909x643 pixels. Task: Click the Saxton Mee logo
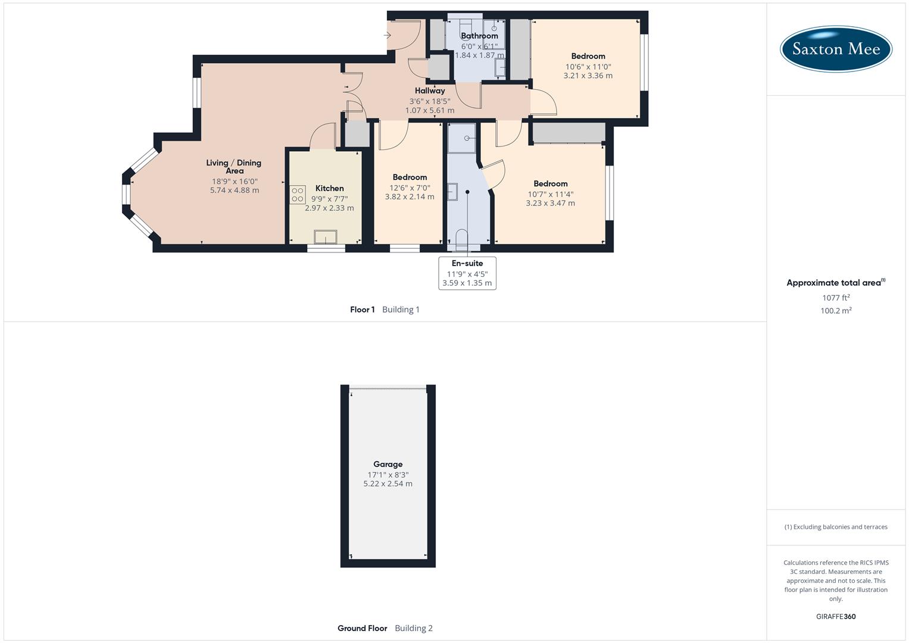point(836,49)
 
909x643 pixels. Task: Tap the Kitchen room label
point(329,188)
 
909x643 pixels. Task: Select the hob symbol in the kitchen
point(298,195)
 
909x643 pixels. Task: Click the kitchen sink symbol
point(326,237)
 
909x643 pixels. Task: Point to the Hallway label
point(430,91)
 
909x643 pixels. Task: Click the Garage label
point(388,464)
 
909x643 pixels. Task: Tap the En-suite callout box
point(467,273)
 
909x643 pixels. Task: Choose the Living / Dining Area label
point(234,167)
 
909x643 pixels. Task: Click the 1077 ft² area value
point(836,298)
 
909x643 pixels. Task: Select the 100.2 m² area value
point(836,311)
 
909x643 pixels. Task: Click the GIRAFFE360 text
point(836,617)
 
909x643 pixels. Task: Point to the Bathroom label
point(479,36)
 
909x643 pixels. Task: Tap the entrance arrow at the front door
point(388,36)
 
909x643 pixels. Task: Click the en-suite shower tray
point(462,138)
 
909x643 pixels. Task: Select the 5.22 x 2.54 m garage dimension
point(388,484)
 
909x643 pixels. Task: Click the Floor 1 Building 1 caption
point(385,310)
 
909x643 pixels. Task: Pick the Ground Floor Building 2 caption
point(385,628)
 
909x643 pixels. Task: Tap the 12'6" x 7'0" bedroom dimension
point(410,188)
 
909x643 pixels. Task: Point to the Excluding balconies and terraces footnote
point(836,527)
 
